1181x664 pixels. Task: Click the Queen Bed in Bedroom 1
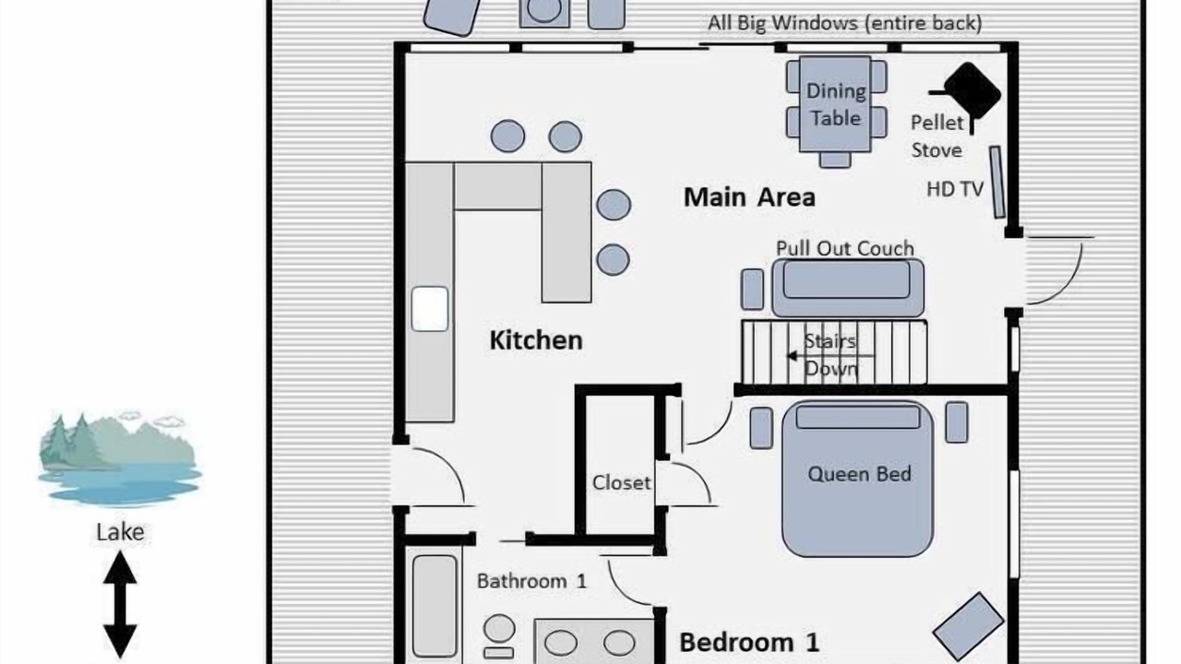(x=858, y=479)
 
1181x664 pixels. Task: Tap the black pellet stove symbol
(x=972, y=91)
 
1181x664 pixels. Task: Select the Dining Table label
(x=836, y=105)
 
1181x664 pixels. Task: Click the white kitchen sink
(x=430, y=309)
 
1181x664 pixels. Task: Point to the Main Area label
(x=749, y=197)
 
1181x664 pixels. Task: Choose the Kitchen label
(x=536, y=340)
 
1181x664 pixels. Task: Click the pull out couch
(x=848, y=288)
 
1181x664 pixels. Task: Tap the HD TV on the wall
(x=996, y=183)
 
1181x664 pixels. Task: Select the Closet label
(x=622, y=482)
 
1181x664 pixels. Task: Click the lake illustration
(x=120, y=457)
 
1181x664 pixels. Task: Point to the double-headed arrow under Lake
(x=120, y=604)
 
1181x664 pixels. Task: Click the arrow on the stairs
(x=829, y=356)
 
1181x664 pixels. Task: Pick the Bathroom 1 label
(x=531, y=581)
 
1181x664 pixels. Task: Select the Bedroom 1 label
(x=749, y=643)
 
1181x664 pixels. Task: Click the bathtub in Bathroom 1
(x=435, y=606)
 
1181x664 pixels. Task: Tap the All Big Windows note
(x=844, y=23)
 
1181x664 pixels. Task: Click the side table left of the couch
(x=752, y=290)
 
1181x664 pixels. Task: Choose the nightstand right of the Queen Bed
(x=957, y=422)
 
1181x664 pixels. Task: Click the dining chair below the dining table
(x=835, y=160)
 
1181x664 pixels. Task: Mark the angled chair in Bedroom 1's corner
(x=968, y=626)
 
